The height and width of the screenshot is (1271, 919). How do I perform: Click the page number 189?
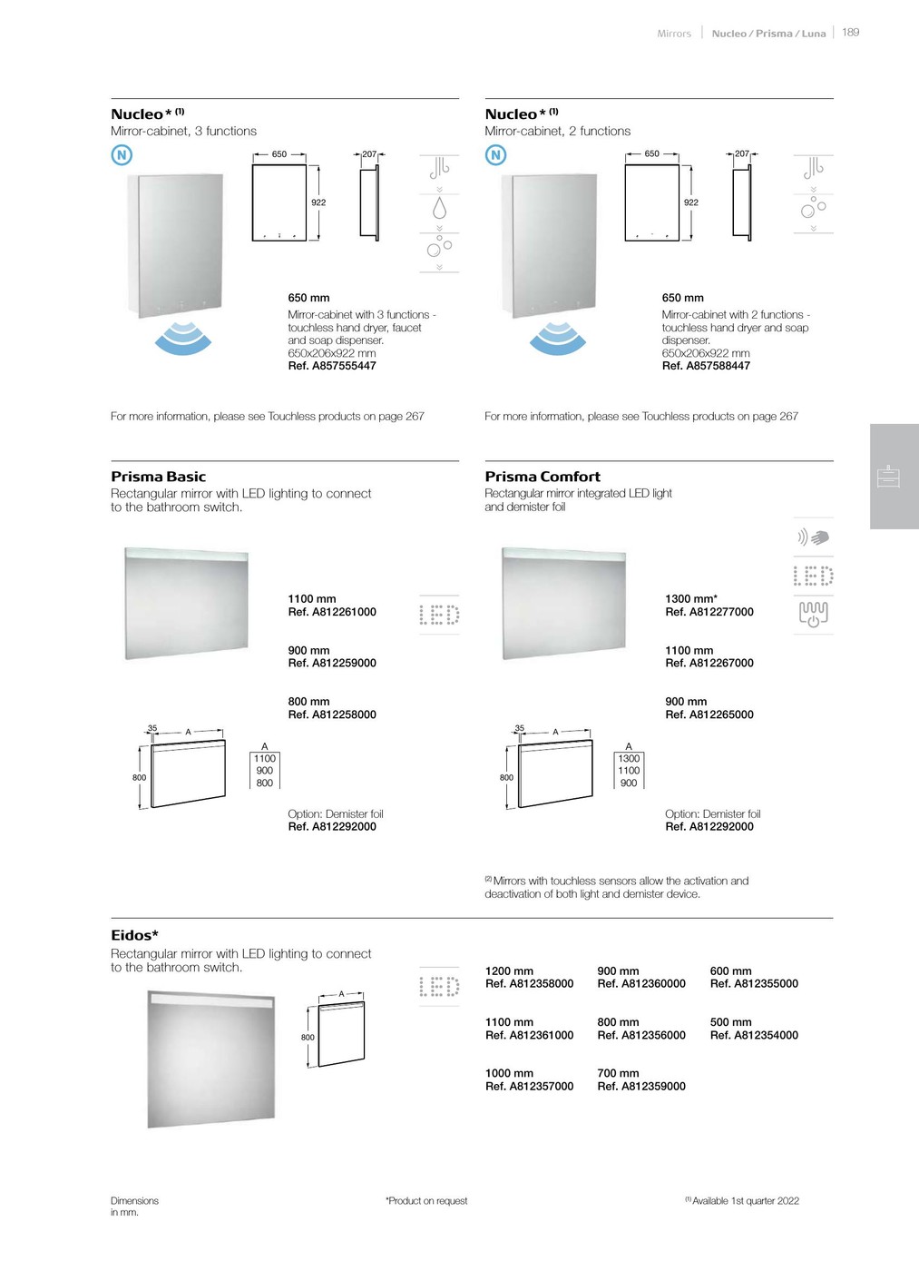pyautogui.click(x=850, y=32)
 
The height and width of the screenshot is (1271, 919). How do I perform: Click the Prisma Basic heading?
pyautogui.click(x=158, y=477)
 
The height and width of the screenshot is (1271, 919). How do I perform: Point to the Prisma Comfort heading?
pyautogui.click(x=543, y=477)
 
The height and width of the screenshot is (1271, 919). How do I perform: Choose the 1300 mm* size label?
pyautogui.click(x=691, y=599)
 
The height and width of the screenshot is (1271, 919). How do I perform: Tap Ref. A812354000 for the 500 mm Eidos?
pyautogui.click(x=754, y=1035)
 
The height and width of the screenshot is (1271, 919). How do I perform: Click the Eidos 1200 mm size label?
pyautogui.click(x=509, y=971)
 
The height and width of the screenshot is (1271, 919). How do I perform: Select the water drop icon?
pyautogui.click(x=440, y=209)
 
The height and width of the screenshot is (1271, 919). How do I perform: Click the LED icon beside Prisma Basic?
pyautogui.click(x=439, y=615)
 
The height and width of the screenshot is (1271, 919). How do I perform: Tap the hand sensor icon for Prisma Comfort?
pyautogui.click(x=813, y=537)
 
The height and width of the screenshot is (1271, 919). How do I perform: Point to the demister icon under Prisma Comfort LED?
pyautogui.click(x=813, y=614)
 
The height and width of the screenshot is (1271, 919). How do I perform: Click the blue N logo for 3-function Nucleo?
pyautogui.click(x=122, y=155)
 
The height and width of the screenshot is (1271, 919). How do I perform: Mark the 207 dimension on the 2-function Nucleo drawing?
pyautogui.click(x=742, y=153)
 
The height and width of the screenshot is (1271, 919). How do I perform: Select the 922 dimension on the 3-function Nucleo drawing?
pyautogui.click(x=318, y=202)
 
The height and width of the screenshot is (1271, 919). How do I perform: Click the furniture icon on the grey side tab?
pyautogui.click(x=889, y=477)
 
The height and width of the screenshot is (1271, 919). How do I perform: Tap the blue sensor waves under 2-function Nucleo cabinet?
pyautogui.click(x=558, y=337)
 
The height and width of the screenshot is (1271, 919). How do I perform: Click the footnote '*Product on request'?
pyautogui.click(x=426, y=1201)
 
